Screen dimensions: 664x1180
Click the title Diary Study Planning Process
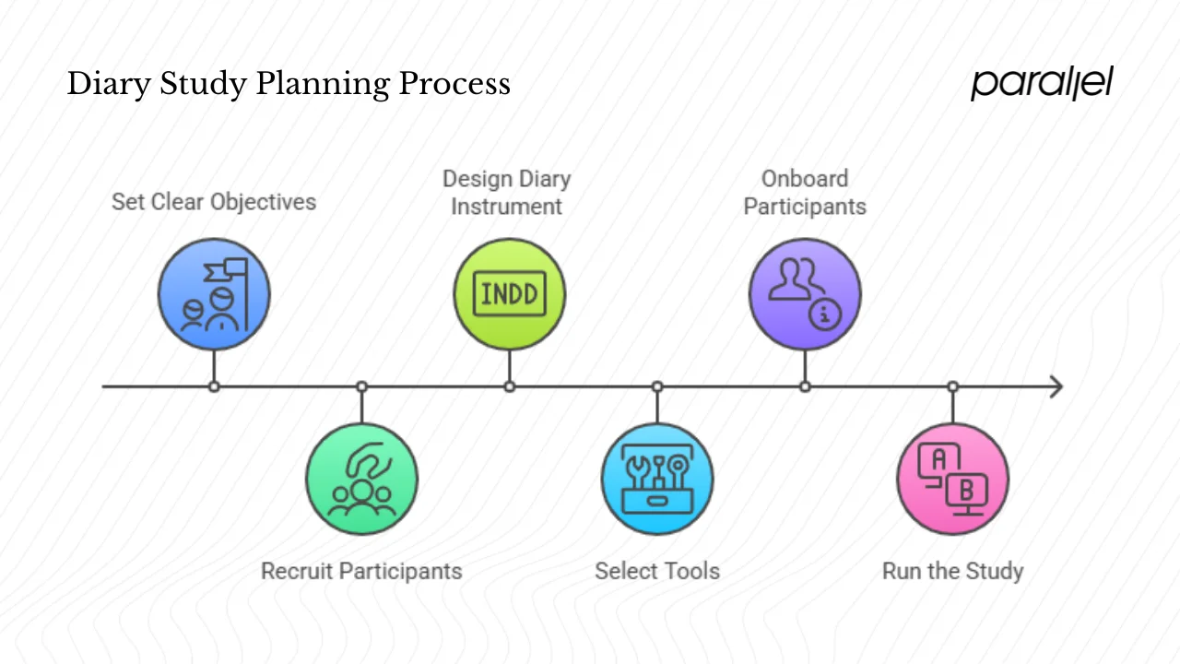pos(289,84)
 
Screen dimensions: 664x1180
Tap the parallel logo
pos(1042,83)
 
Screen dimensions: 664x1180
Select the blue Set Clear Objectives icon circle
pos(214,295)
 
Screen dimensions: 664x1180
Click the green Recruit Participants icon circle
pos(361,479)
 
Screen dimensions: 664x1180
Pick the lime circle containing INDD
pos(509,295)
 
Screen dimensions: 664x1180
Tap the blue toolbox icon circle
pos(657,479)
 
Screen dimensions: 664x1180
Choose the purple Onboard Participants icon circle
pos(805,295)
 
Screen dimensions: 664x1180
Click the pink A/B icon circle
pos(952,479)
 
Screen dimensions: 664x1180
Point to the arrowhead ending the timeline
pos(1056,386)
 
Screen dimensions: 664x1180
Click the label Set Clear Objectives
pos(214,202)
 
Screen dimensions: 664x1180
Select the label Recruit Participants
pos(361,571)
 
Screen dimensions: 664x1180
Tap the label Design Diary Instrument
pos(506,192)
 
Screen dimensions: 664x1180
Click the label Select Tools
pos(657,571)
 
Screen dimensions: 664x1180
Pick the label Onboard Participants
pos(805,192)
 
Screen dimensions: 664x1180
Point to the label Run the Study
pos(952,571)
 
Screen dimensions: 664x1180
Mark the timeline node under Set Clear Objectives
pos(214,386)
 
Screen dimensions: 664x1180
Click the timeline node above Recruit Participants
pos(361,386)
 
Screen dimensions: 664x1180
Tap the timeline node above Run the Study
pos(952,386)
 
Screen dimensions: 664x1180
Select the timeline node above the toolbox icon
pos(657,386)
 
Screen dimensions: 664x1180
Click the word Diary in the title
pos(107,84)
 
